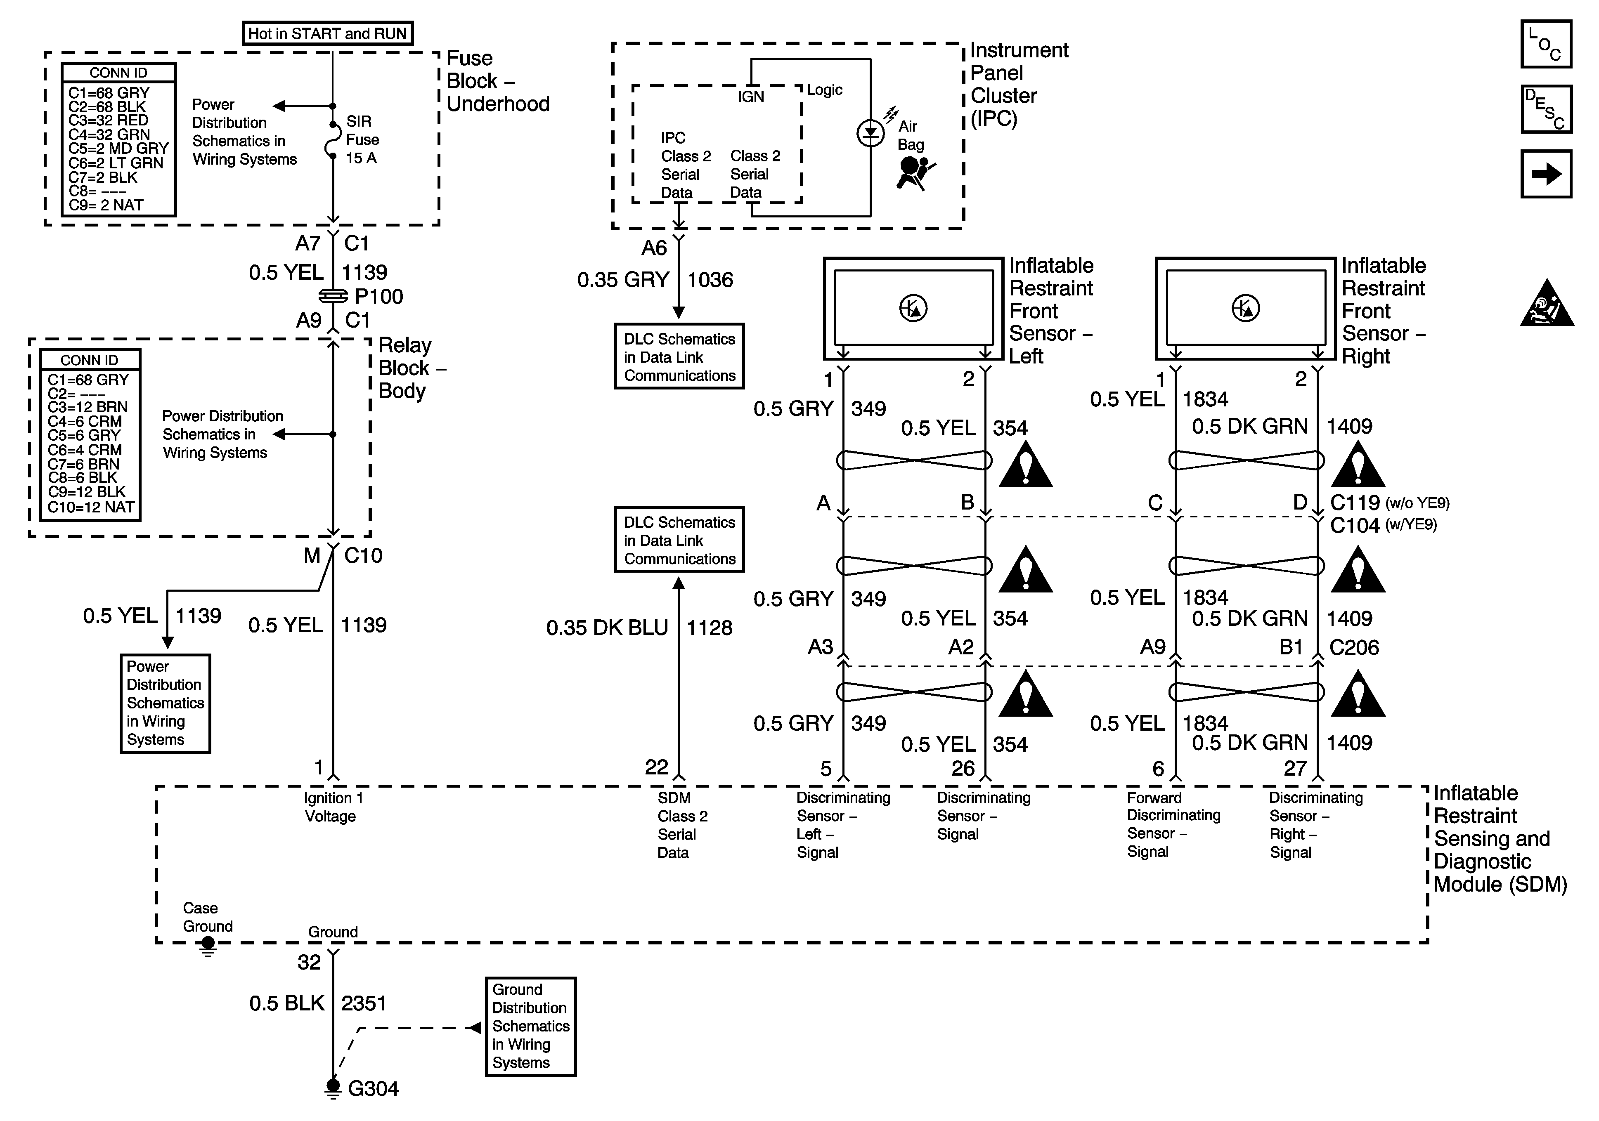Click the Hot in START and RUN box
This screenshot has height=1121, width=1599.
tap(327, 33)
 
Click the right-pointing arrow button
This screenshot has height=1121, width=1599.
tap(1545, 174)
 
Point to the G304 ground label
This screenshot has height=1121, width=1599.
tap(373, 1088)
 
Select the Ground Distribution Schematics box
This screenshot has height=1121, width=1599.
tap(531, 1026)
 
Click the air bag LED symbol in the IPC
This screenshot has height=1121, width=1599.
tap(870, 132)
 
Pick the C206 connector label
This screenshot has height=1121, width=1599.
tap(1353, 647)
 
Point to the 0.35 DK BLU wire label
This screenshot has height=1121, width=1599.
tap(607, 628)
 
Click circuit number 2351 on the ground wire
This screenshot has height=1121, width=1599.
tap(364, 1003)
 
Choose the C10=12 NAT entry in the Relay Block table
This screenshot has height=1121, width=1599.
tap(91, 507)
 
